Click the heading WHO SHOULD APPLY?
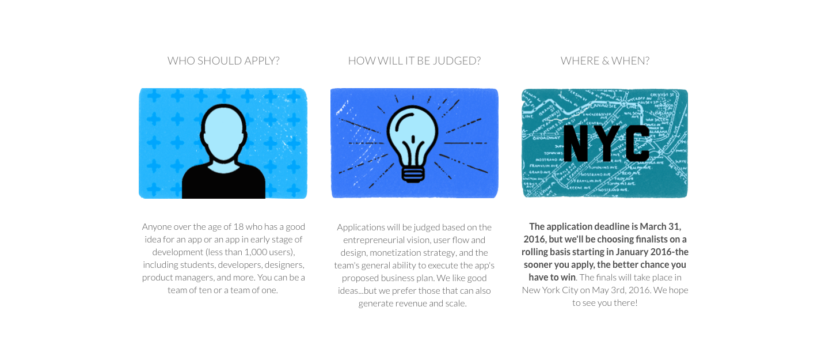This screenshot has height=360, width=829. point(223,60)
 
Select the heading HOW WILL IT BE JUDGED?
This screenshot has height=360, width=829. point(414,60)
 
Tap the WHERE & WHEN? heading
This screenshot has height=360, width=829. point(604,60)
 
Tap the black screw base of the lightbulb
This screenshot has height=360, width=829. point(412,173)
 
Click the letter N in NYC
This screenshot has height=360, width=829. point(576,143)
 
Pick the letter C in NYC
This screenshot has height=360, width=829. point(637,143)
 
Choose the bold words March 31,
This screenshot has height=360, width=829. point(660,227)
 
